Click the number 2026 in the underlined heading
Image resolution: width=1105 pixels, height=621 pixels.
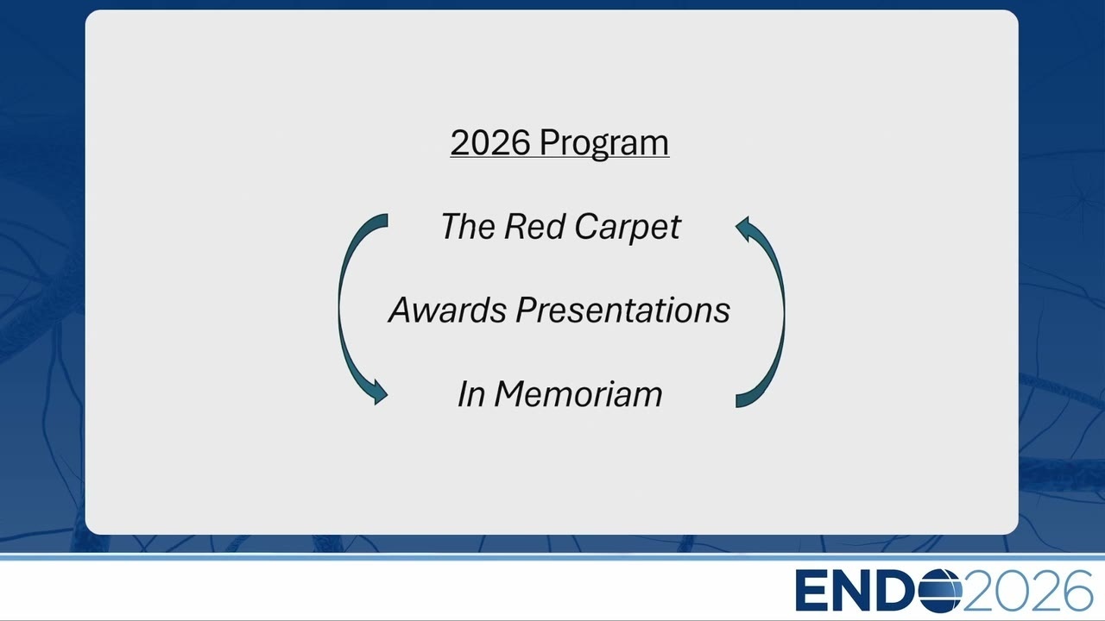tap(490, 142)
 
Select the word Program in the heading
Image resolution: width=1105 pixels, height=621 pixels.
tap(604, 144)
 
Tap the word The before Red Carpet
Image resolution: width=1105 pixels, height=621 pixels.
tap(468, 227)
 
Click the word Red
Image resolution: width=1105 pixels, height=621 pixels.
tap(534, 227)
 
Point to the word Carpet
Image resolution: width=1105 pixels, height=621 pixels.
tap(628, 229)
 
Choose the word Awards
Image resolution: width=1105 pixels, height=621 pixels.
tap(447, 310)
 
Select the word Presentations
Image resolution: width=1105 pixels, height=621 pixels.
tap(622, 310)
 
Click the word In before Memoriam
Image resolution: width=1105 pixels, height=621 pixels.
tap(470, 394)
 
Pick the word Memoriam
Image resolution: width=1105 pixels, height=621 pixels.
tap(578, 394)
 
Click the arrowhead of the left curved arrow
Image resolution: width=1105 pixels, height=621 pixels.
tap(380, 392)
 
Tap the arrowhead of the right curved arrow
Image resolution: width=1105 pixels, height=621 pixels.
tap(743, 229)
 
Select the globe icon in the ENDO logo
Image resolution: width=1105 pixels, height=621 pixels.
tap(940, 590)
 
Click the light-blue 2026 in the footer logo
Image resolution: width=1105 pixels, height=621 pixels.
tap(1027, 591)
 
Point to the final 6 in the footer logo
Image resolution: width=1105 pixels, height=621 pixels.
tap(1077, 591)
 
